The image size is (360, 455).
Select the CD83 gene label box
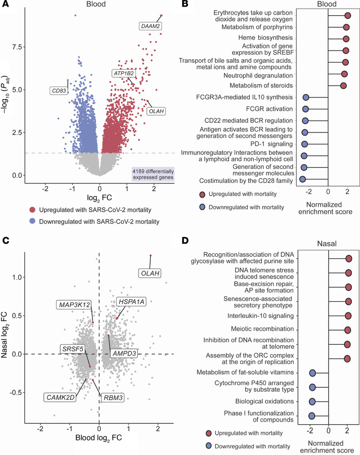[59, 91]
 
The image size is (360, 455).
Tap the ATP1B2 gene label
[123, 73]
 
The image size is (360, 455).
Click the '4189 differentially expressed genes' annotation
[152, 173]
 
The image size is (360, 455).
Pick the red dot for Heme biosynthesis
[346, 39]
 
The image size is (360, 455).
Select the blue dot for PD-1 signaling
[305, 144]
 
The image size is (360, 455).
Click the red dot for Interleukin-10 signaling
[348, 316]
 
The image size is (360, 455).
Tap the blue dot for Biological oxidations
[312, 402]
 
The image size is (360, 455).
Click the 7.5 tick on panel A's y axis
[16, 47]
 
